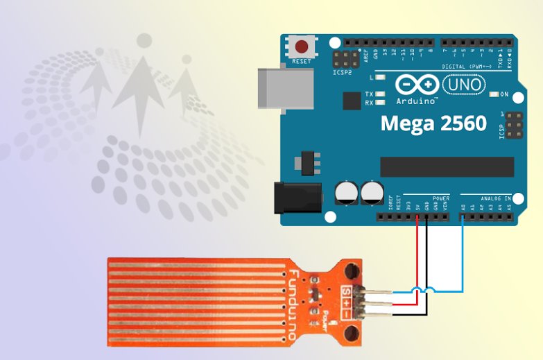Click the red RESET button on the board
(x=302, y=48)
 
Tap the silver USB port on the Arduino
(x=276, y=87)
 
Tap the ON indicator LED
(x=494, y=94)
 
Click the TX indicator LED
(x=379, y=94)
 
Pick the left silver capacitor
(x=347, y=192)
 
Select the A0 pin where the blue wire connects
(x=463, y=216)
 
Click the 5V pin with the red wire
(x=417, y=216)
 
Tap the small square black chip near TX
(x=352, y=101)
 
